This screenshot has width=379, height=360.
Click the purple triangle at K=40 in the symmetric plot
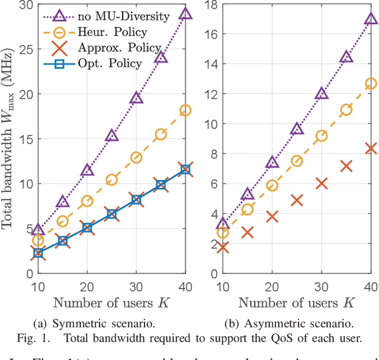pos(185,14)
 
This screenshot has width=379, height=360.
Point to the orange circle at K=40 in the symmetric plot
pos(185,110)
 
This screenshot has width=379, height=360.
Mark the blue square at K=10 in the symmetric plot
pos(38,253)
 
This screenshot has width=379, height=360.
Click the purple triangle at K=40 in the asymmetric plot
pos(371,18)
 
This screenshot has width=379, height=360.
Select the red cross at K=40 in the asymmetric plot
pos(371,148)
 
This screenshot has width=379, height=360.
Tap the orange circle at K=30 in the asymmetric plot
pos(322,136)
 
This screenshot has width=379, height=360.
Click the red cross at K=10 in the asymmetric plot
pos(223,247)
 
